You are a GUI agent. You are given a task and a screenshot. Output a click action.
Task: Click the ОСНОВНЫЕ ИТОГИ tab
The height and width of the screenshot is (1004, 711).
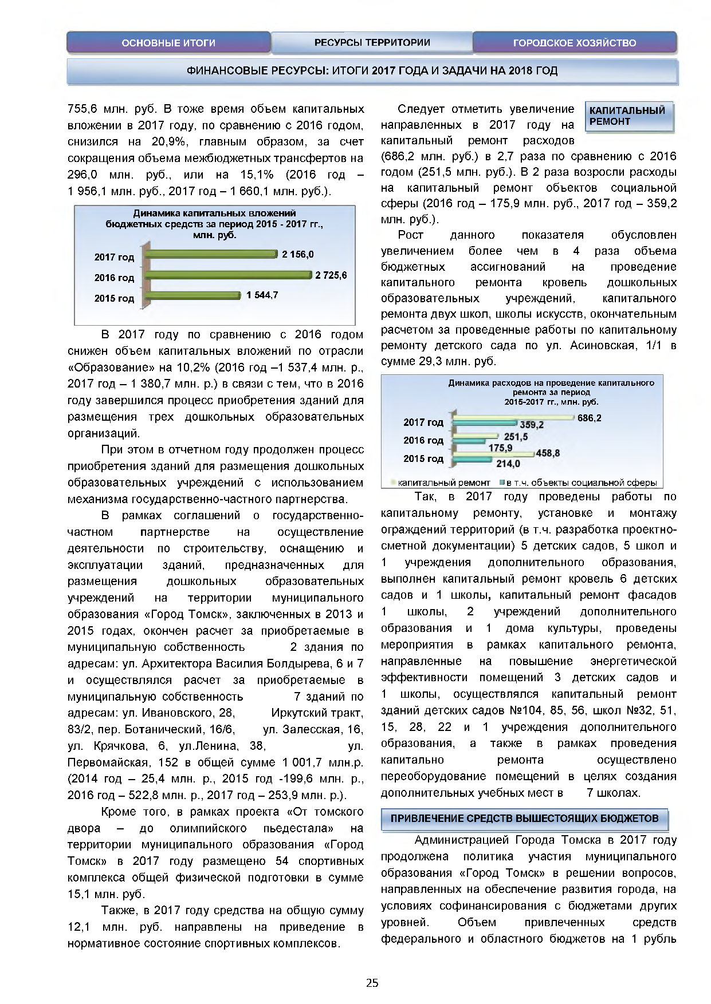168,43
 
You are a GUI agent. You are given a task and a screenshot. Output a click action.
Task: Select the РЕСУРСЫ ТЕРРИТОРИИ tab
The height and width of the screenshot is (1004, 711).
372,42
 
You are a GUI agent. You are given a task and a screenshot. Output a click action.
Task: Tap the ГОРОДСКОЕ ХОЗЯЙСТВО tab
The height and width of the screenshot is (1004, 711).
574,43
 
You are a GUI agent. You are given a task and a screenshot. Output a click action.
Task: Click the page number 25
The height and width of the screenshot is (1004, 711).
372,983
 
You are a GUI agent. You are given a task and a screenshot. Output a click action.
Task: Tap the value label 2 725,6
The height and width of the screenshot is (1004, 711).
331,275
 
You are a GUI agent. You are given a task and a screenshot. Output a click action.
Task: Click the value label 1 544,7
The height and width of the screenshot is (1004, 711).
262,295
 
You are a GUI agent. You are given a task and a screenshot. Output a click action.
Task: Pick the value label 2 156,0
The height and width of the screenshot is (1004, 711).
297,254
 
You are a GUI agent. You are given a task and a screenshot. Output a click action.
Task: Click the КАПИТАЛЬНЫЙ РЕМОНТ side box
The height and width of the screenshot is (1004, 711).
628,116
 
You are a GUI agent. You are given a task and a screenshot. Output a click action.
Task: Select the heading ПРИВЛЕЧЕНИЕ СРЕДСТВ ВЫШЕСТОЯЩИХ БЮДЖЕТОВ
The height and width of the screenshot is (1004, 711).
524,819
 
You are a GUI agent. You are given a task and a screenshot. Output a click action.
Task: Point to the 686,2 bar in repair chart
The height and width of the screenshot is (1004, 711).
513,418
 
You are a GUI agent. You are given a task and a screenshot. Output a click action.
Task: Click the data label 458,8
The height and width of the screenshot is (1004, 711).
548,453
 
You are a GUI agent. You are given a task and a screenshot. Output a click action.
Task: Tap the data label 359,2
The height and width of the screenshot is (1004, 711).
532,425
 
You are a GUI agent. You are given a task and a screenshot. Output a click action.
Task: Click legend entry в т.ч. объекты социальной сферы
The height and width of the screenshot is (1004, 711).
581,483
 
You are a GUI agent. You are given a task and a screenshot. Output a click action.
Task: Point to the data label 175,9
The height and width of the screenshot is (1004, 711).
500,448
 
